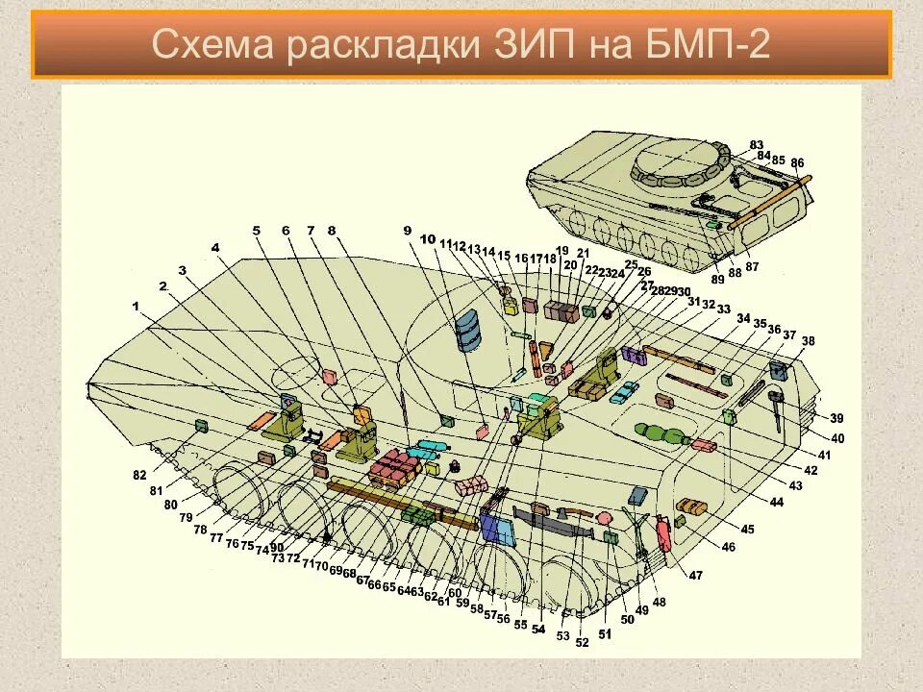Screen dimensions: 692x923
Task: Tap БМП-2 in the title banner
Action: click(706, 44)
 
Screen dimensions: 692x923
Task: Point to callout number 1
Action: click(136, 306)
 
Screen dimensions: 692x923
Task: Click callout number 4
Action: click(215, 248)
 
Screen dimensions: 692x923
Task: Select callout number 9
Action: click(407, 230)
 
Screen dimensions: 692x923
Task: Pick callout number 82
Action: click(140, 476)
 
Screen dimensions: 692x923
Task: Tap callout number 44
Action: click(776, 503)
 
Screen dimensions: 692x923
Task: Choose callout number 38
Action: click(808, 341)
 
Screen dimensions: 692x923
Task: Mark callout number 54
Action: click(537, 629)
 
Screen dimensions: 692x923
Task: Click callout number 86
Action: click(797, 163)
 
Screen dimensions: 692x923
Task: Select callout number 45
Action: click(747, 529)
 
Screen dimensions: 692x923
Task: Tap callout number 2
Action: click(162, 286)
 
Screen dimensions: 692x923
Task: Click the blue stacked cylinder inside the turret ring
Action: click(468, 328)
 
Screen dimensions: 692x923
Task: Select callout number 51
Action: click(605, 634)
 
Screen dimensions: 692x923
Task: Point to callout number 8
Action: click(332, 231)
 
